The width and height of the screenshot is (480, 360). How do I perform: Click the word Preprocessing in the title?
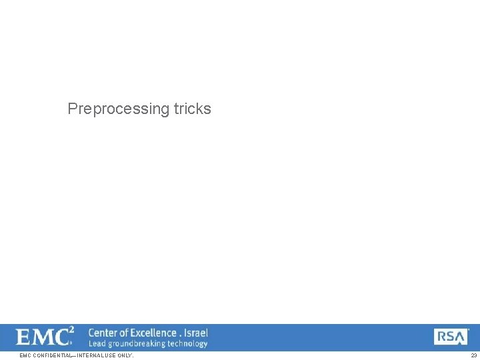click(x=118, y=109)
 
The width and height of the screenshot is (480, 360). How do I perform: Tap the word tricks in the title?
click(x=193, y=109)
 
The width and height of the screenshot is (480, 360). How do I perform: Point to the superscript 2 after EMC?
click(x=71, y=330)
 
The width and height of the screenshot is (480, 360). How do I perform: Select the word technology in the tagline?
click(x=187, y=344)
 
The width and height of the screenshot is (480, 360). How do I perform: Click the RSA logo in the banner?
click(x=451, y=337)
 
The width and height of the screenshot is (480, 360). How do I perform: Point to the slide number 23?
click(x=473, y=355)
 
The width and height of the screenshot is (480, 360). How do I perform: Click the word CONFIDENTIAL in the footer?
click(x=51, y=355)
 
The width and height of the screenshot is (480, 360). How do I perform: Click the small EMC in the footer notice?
click(x=25, y=355)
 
